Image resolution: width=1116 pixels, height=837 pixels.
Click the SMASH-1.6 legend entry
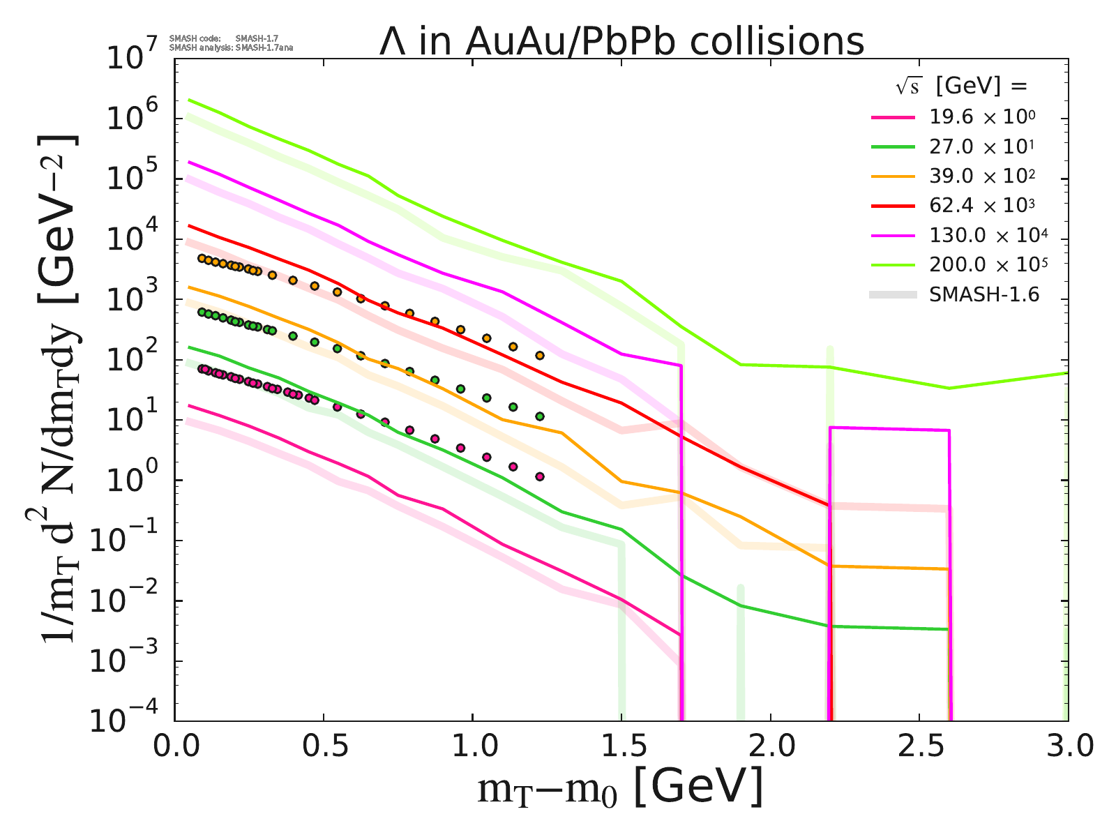coord(983,295)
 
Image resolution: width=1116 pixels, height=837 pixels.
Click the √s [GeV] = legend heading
coord(962,86)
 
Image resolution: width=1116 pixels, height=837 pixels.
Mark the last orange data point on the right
coord(539,355)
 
